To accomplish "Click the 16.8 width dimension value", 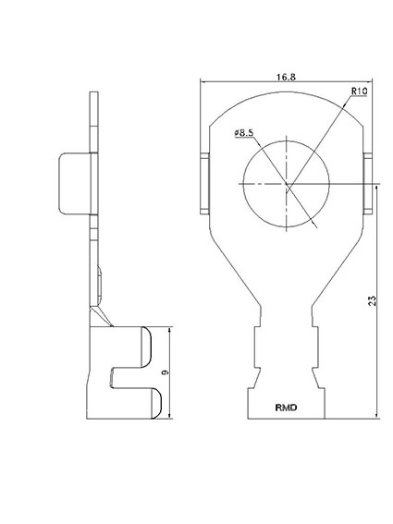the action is pos(286,78).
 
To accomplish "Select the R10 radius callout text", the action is pos(359,91).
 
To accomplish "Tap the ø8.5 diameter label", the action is pos(244,133).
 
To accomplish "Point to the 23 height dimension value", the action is pos(373,300).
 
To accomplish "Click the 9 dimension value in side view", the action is pos(165,372).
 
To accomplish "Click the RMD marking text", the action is pos(286,408).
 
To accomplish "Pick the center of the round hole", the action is pos(287,184).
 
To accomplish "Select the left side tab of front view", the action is pos(204,183).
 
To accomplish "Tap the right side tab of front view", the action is pos(368,183).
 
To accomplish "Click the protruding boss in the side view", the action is pos(74,183).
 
